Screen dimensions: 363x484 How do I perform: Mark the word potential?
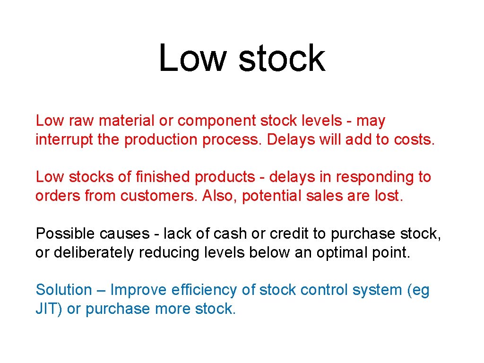click(x=269, y=196)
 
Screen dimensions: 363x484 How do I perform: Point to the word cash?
click(x=230, y=233)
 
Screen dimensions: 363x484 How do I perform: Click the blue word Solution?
click(x=64, y=290)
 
